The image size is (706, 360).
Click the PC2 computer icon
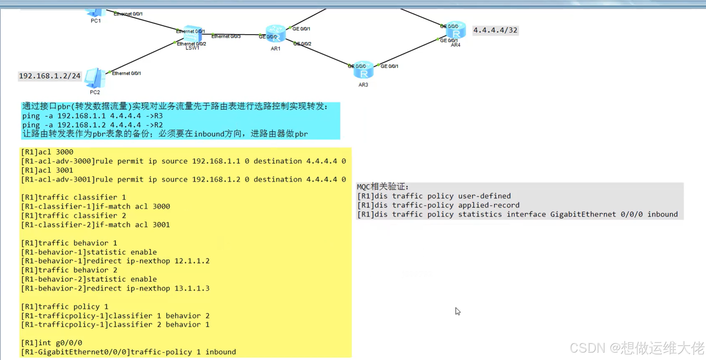pyautogui.click(x=94, y=78)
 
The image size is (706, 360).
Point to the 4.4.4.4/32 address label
pyautogui.click(x=495, y=30)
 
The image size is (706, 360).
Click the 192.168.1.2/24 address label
pyautogui.click(x=50, y=76)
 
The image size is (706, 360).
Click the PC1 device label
pyautogui.click(x=95, y=21)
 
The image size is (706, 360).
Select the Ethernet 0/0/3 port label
pyautogui.click(x=226, y=36)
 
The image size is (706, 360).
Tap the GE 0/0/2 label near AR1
pyautogui.click(x=302, y=44)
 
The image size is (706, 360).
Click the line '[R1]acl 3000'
pyautogui.click(x=47, y=152)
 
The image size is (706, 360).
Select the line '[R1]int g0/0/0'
pyautogui.click(x=52, y=343)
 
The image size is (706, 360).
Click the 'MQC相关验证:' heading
pyautogui.click(x=383, y=187)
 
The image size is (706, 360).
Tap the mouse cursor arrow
pyautogui.click(x=457, y=311)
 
